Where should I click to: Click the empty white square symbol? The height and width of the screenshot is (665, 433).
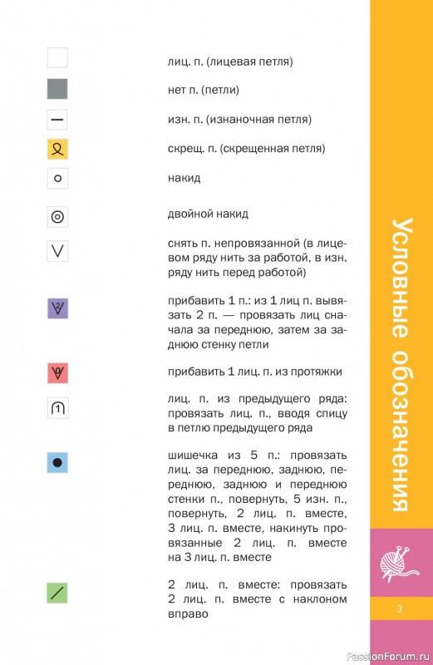pyautogui.click(x=57, y=58)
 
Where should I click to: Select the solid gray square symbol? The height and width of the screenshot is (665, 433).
pyautogui.click(x=57, y=89)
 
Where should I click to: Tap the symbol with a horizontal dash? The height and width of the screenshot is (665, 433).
pyautogui.click(x=57, y=120)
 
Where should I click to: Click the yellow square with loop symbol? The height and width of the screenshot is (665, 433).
pyautogui.click(x=57, y=150)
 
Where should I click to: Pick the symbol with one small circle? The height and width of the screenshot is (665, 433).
pyautogui.click(x=57, y=178)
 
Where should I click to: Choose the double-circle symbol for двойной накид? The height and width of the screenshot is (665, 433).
pyautogui.click(x=57, y=217)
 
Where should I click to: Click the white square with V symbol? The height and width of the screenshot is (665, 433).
pyautogui.click(x=57, y=250)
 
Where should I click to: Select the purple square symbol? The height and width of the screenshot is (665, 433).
pyautogui.click(x=57, y=309)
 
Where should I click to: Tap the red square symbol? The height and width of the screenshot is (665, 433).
pyautogui.click(x=57, y=372)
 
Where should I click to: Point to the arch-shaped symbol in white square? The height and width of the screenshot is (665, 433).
pyautogui.click(x=57, y=408)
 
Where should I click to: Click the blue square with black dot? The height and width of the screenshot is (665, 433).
pyautogui.click(x=57, y=463)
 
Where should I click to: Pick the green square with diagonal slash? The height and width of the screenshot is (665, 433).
pyautogui.click(x=57, y=593)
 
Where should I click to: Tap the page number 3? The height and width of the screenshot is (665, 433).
pyautogui.click(x=401, y=612)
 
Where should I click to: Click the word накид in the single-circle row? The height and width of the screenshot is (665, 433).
pyautogui.click(x=184, y=179)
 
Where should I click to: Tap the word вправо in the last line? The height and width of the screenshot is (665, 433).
pyautogui.click(x=187, y=614)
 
